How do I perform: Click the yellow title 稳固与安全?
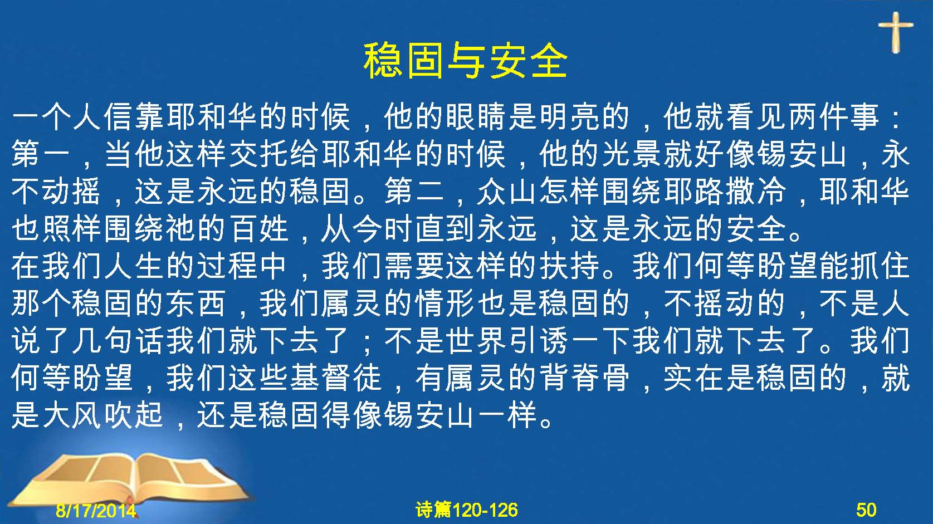[465, 61]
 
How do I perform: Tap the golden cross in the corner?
[895, 32]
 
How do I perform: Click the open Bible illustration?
[129, 479]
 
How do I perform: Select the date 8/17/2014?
[96, 510]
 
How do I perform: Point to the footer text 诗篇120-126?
[467, 510]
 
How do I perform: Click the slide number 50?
[866, 510]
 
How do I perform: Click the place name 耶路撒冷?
[725, 192]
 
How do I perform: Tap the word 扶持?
[569, 266]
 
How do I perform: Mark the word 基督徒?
[336, 378]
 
